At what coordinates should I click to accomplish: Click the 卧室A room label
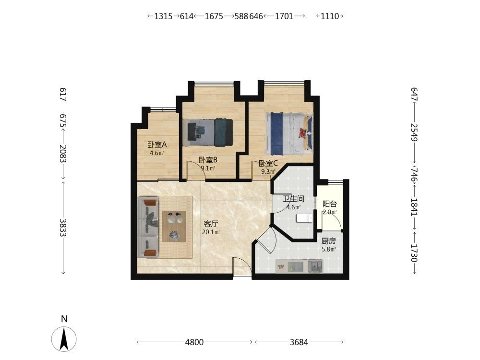[157, 144]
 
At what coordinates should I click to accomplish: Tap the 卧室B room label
[208, 160]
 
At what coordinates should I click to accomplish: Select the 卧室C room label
[268, 164]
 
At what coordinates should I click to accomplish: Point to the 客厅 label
[211, 224]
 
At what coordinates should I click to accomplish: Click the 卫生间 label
[293, 199]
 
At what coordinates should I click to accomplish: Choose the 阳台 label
[330, 204]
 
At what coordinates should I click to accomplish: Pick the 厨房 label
[328, 241]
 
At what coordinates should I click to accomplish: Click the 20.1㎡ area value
[211, 232]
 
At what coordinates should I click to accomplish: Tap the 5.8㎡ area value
[329, 249]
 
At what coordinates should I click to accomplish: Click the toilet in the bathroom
[304, 218]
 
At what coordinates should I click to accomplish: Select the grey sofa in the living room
[148, 228]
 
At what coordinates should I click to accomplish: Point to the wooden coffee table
[174, 227]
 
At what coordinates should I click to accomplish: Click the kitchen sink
[315, 266]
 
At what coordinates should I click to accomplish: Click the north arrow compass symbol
[64, 338]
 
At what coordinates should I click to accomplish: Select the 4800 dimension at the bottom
[194, 342]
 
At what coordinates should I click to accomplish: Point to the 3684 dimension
[299, 342]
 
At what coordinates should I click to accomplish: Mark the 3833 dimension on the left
[63, 228]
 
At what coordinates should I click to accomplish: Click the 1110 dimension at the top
[330, 16]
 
